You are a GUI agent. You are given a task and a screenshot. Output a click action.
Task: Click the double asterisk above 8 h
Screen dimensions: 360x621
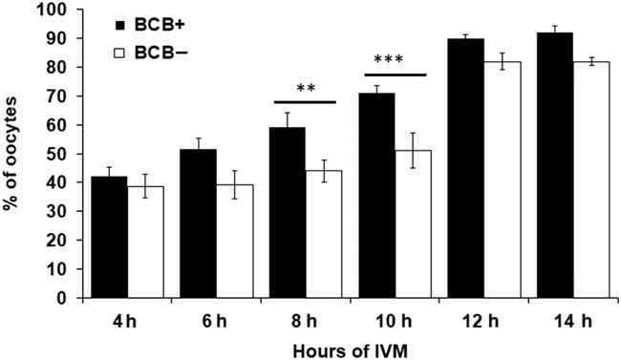point(306,89)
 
